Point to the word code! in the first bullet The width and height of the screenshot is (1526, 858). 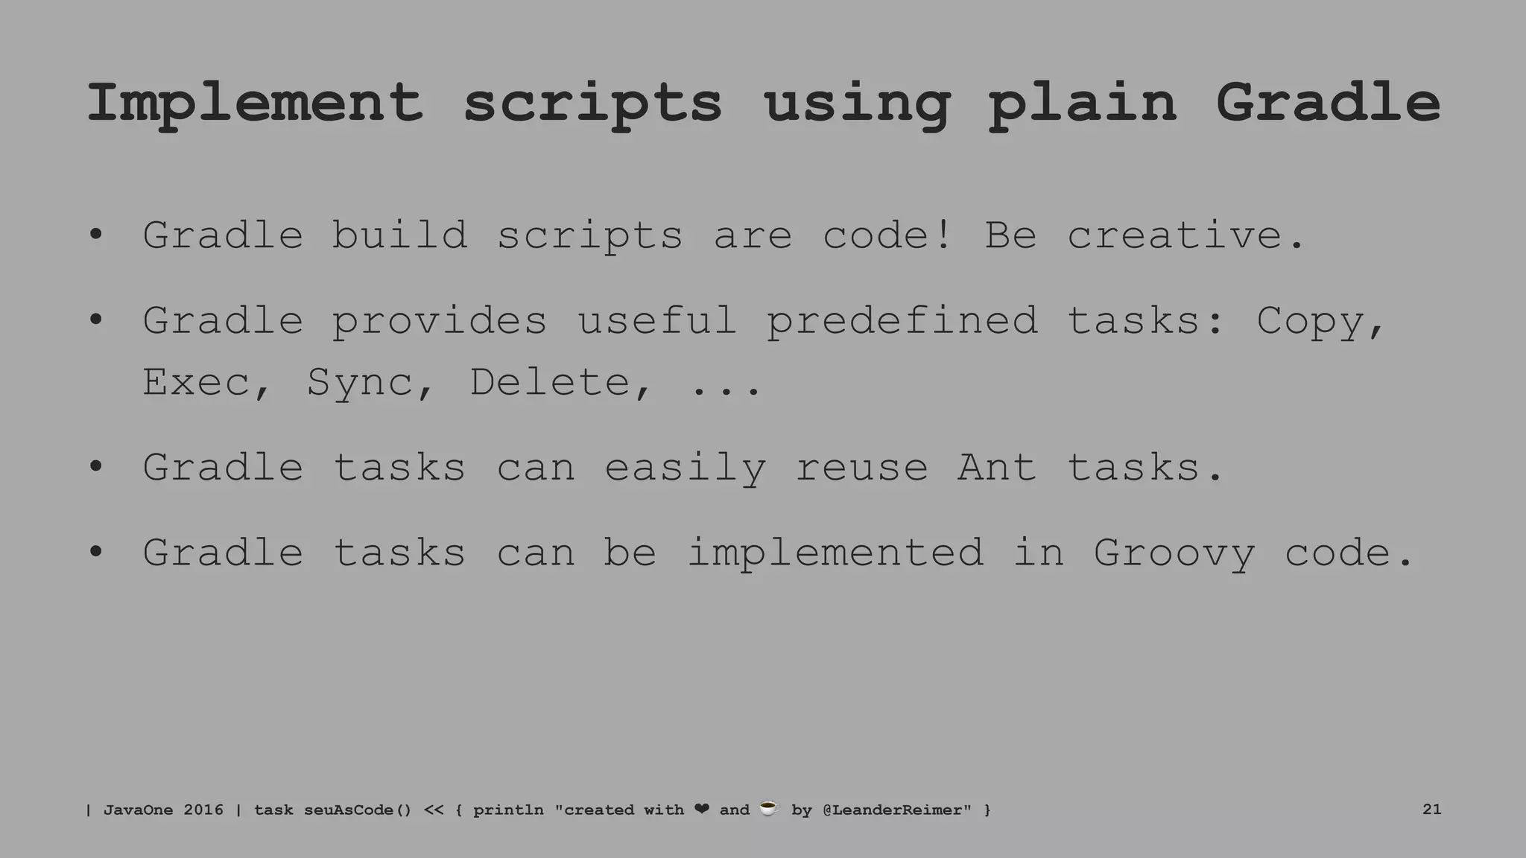pyautogui.click(x=887, y=235)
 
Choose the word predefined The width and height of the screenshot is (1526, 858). pyautogui.click(x=902, y=321)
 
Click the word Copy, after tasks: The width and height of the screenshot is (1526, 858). pyautogui.click(x=1320, y=321)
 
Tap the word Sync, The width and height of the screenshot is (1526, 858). pyautogui.click(x=370, y=382)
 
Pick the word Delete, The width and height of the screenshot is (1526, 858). pyautogui.click(x=560, y=382)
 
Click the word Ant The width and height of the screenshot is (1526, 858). pyautogui.click(x=996, y=468)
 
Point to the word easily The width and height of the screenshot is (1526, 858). pyautogui.click(x=684, y=468)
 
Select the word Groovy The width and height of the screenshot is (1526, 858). pyautogui.click(x=1174, y=553)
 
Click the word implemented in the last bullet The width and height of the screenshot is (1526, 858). pyautogui.click(x=835, y=553)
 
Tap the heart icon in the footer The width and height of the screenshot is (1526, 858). pyautogui.click(x=701, y=809)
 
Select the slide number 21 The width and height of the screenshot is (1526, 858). pyautogui.click(x=1431, y=810)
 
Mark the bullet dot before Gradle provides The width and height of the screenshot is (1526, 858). pyautogui.click(x=95, y=321)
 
